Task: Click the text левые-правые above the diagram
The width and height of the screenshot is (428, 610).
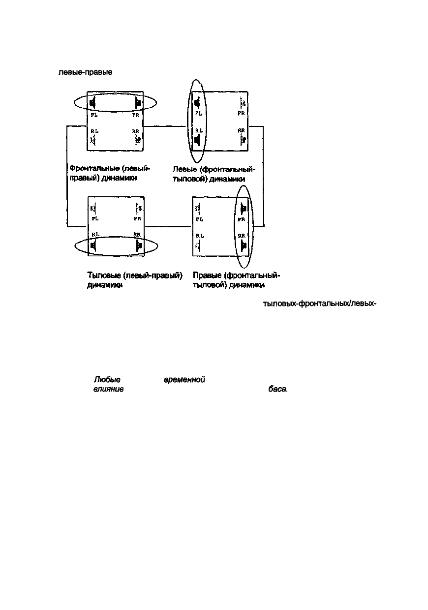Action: point(86,72)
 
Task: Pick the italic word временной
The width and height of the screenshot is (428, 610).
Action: point(183,380)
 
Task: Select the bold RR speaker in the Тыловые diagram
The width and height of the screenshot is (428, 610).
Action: point(139,244)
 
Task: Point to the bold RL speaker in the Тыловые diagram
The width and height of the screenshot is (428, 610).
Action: point(92,244)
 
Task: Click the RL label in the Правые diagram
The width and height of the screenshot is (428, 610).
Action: point(199,236)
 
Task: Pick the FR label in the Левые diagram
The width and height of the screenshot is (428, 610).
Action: point(241,113)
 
